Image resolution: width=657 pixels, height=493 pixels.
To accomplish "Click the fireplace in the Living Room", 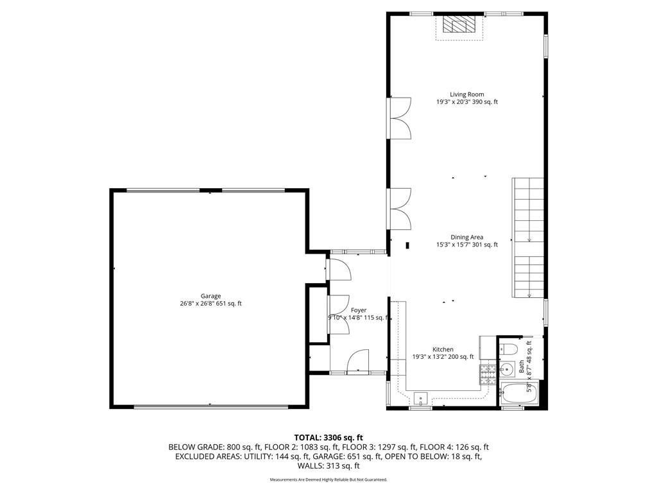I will [x=457, y=26].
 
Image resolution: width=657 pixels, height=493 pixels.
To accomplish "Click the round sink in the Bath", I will [x=506, y=368].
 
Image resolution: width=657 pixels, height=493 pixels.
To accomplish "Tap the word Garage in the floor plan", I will [x=210, y=296].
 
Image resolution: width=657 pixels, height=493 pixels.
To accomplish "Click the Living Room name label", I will [x=466, y=94].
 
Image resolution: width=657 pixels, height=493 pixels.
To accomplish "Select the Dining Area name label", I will [x=466, y=237].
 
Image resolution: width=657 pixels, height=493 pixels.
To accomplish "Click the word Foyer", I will [x=358, y=310].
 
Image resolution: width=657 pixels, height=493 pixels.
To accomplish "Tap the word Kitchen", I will [x=443, y=349].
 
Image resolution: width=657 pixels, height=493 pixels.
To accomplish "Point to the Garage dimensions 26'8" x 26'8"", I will [x=198, y=304].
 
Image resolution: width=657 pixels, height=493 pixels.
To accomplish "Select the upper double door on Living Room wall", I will [x=399, y=117].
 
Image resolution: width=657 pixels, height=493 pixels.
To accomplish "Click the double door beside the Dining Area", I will [x=399, y=209].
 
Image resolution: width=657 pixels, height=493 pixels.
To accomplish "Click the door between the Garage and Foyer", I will [x=339, y=268].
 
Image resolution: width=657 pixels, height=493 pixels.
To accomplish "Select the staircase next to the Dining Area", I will [x=528, y=238].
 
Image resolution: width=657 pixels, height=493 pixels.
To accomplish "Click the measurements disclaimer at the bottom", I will [x=328, y=480].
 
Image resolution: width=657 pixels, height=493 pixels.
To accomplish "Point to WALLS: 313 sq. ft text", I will [x=328, y=465].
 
